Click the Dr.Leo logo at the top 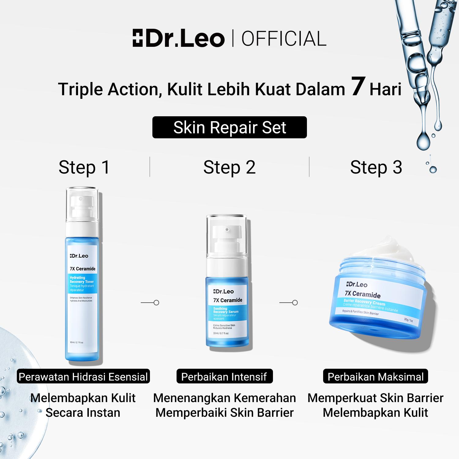tap(178, 39)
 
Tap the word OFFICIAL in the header tap(284, 39)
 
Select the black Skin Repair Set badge tap(229, 127)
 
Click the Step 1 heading tap(84, 167)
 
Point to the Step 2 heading tap(229, 167)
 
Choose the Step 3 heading tap(376, 167)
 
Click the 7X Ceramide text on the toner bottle tap(82, 269)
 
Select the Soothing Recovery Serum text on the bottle tap(226, 310)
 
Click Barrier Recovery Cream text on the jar tap(364, 303)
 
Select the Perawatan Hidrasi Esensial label tap(83, 377)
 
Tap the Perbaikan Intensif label tap(224, 377)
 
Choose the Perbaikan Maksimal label tap(375, 377)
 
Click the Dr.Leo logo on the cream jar tap(357, 284)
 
